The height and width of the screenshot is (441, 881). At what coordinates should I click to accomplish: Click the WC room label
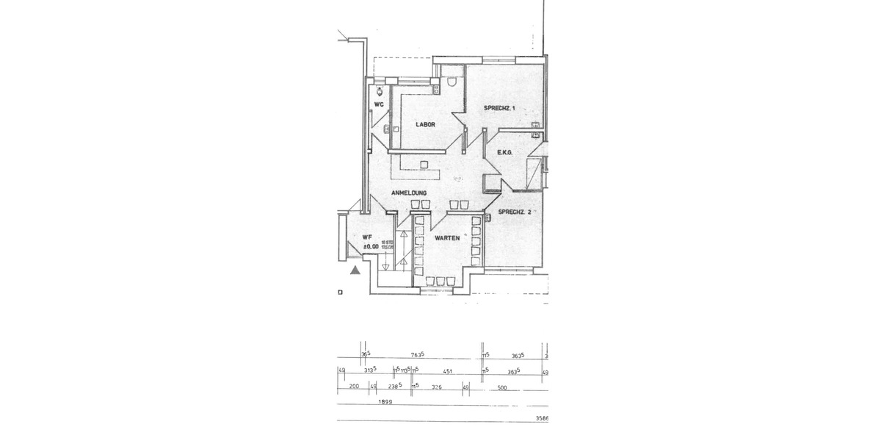click(x=379, y=104)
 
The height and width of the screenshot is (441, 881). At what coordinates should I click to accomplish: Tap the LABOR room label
click(x=425, y=124)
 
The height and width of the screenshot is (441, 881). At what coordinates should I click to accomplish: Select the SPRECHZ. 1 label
click(x=499, y=108)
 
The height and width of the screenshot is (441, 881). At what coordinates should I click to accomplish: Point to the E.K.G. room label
click(x=504, y=153)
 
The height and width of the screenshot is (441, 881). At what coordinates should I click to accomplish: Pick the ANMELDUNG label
click(x=409, y=193)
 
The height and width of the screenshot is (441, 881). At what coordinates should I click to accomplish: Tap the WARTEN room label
click(x=446, y=238)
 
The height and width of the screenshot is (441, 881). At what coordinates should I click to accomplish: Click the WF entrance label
click(x=367, y=237)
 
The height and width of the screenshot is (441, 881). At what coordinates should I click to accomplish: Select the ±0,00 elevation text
click(x=369, y=247)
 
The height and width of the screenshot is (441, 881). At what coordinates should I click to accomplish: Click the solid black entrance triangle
click(x=355, y=270)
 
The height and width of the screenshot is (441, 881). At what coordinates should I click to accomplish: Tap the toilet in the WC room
click(x=379, y=91)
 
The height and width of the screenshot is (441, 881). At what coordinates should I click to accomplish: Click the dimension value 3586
click(x=543, y=420)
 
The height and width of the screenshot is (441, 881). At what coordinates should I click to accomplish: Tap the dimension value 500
click(x=502, y=387)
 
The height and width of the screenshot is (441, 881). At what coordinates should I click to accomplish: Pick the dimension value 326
click(x=437, y=387)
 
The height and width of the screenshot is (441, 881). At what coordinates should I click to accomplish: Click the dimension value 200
click(x=353, y=387)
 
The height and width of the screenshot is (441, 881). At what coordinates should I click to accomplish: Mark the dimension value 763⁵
click(x=418, y=354)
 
